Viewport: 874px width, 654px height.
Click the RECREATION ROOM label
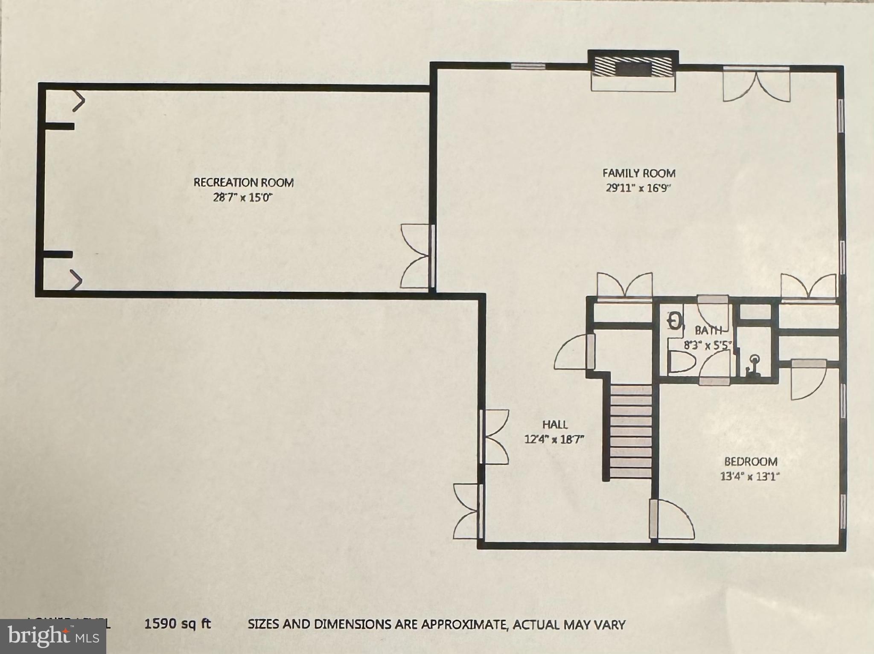pos(244,183)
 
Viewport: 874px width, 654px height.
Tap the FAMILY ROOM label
pos(639,173)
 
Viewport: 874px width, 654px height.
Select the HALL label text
pos(555,424)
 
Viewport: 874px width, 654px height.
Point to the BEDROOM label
pos(751,462)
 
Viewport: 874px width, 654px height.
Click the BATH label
pos(708,330)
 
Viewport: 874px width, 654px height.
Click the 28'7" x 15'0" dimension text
pos(243,198)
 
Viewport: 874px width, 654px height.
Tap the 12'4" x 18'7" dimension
pos(554,439)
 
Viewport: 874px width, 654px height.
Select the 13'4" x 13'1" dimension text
pos(750,476)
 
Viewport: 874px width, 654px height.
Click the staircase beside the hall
pos(631,431)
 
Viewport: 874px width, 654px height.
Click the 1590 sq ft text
pos(178,624)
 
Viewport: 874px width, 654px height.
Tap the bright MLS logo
pos(53,636)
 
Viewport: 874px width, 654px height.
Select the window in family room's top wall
pos(528,66)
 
